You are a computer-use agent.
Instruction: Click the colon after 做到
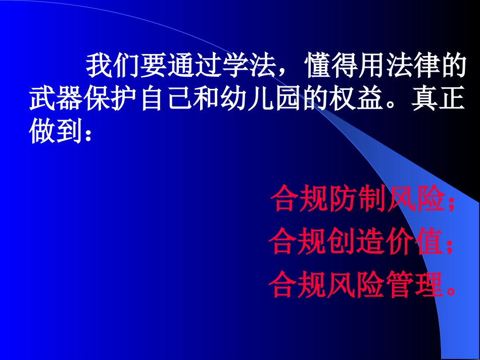click(x=88, y=134)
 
